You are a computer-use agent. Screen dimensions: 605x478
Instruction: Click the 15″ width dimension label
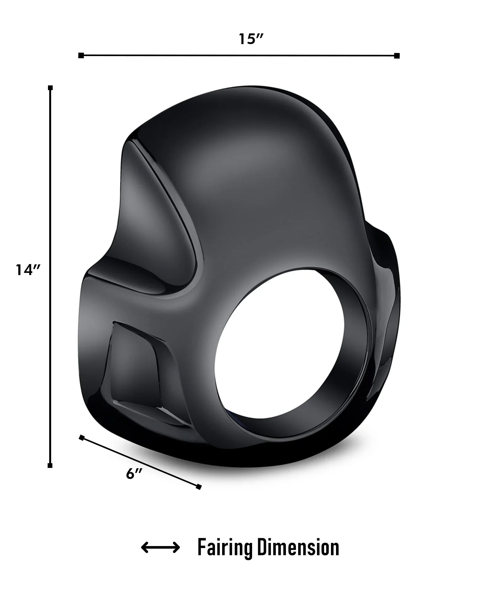click(251, 39)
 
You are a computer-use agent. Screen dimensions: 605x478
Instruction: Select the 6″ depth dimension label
click(134, 474)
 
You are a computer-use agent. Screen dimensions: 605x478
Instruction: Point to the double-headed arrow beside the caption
click(160, 548)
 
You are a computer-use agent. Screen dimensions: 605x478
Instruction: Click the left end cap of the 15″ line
click(81, 56)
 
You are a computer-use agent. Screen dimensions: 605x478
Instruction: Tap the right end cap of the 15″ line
click(397, 56)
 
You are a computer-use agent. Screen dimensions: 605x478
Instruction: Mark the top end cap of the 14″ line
click(50, 88)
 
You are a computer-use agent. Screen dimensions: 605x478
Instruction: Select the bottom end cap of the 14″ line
click(50, 465)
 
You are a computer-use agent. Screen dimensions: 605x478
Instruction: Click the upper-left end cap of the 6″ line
click(82, 437)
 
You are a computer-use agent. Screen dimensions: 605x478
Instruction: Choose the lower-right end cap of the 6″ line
click(198, 487)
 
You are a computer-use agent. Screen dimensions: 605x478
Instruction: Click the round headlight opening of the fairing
click(287, 343)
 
